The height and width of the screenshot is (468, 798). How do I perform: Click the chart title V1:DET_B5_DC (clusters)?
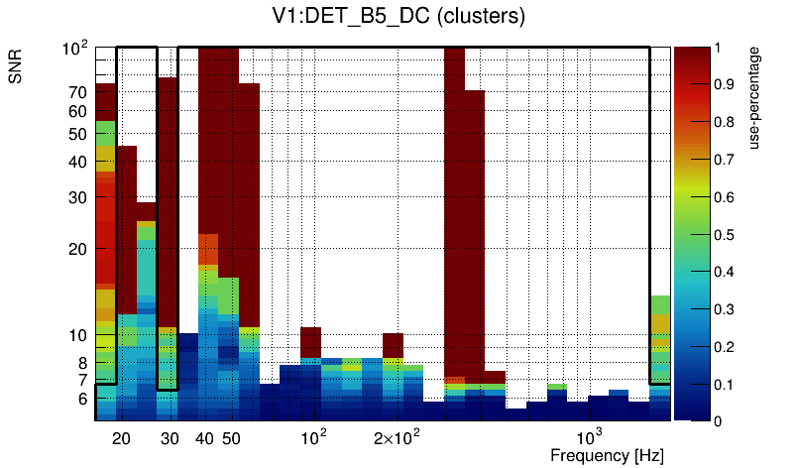coord(399,17)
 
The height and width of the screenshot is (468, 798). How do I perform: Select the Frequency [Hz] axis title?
coord(607,455)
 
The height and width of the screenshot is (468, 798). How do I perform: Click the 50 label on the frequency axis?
coord(230,438)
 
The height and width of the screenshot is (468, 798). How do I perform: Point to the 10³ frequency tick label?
coord(589,437)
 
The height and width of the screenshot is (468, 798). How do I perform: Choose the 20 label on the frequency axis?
coord(121,438)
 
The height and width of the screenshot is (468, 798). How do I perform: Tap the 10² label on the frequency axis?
coord(313,437)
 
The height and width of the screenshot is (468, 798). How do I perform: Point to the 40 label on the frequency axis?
coord(205,438)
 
